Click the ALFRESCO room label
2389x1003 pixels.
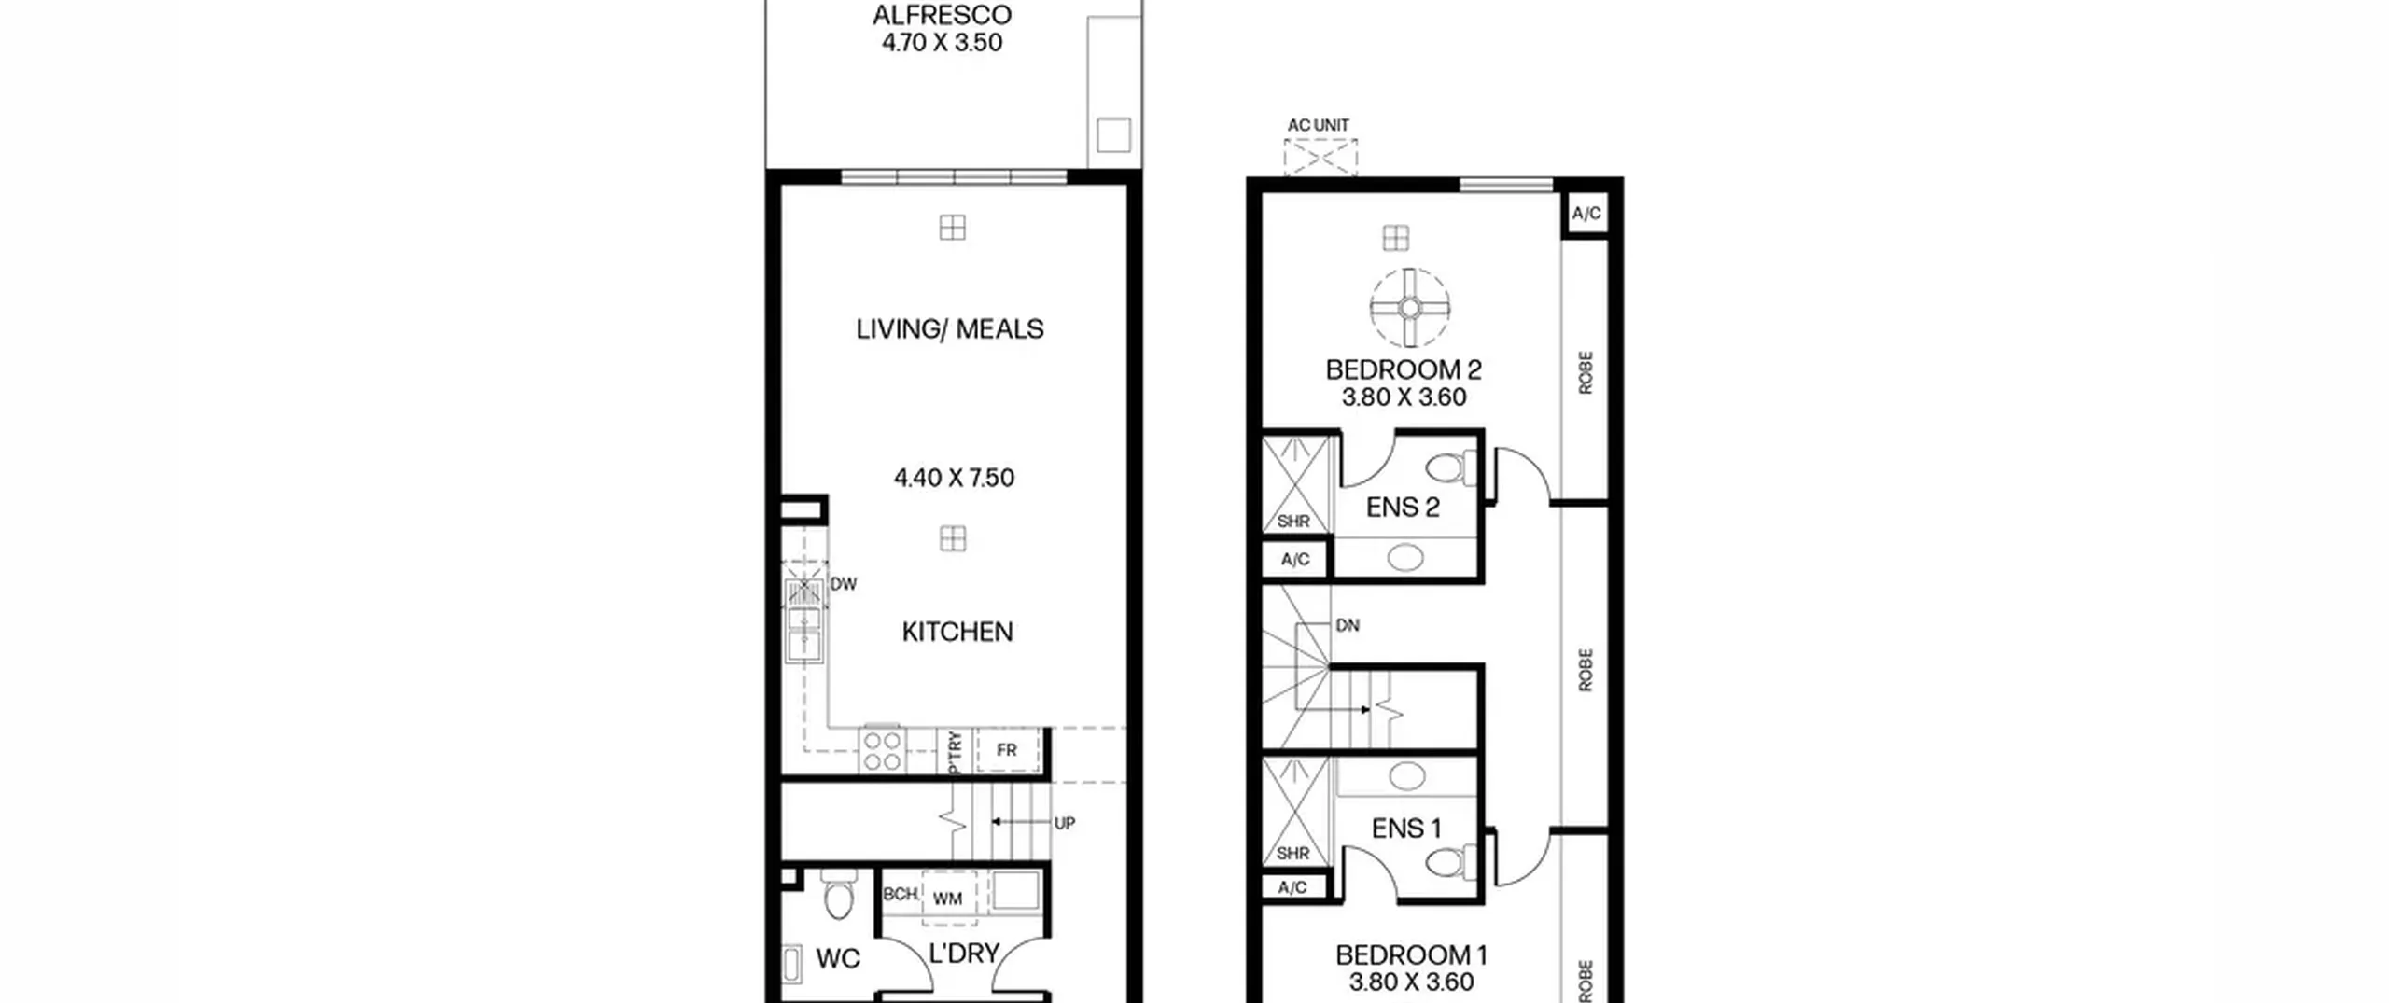(942, 16)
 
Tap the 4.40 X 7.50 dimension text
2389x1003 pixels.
(954, 478)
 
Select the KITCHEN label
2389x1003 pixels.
(957, 632)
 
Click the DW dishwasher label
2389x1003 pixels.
(844, 584)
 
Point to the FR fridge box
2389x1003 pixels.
(1007, 750)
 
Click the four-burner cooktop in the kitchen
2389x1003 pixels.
(882, 750)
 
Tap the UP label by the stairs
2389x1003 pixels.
(1064, 823)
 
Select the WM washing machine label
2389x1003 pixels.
(947, 899)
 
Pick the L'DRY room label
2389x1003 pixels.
(965, 954)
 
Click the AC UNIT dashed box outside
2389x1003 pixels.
(1320, 157)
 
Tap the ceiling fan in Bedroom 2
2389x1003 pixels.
(1410, 307)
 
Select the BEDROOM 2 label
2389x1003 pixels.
(1404, 369)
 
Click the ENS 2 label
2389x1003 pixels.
(1403, 508)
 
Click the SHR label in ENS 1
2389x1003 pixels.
(1292, 853)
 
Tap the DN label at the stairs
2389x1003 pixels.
(1348, 625)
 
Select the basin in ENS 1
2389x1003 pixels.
(1406, 775)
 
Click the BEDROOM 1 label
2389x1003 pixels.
(1411, 955)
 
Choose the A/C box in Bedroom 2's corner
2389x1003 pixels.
(1586, 214)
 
